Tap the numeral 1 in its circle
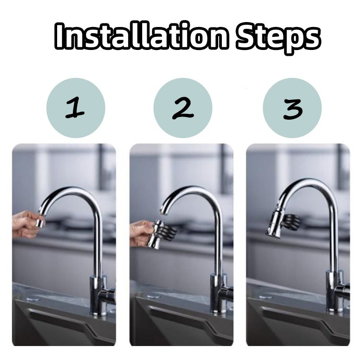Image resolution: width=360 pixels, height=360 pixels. click(75, 108)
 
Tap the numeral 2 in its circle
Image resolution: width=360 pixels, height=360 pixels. click(183, 108)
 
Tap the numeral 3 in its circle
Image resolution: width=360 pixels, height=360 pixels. click(293, 109)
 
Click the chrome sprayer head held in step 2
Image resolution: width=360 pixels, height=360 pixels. click(155, 234)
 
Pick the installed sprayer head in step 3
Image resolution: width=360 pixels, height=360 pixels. click(275, 223)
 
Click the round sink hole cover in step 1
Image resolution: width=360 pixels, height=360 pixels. click(33, 299)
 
